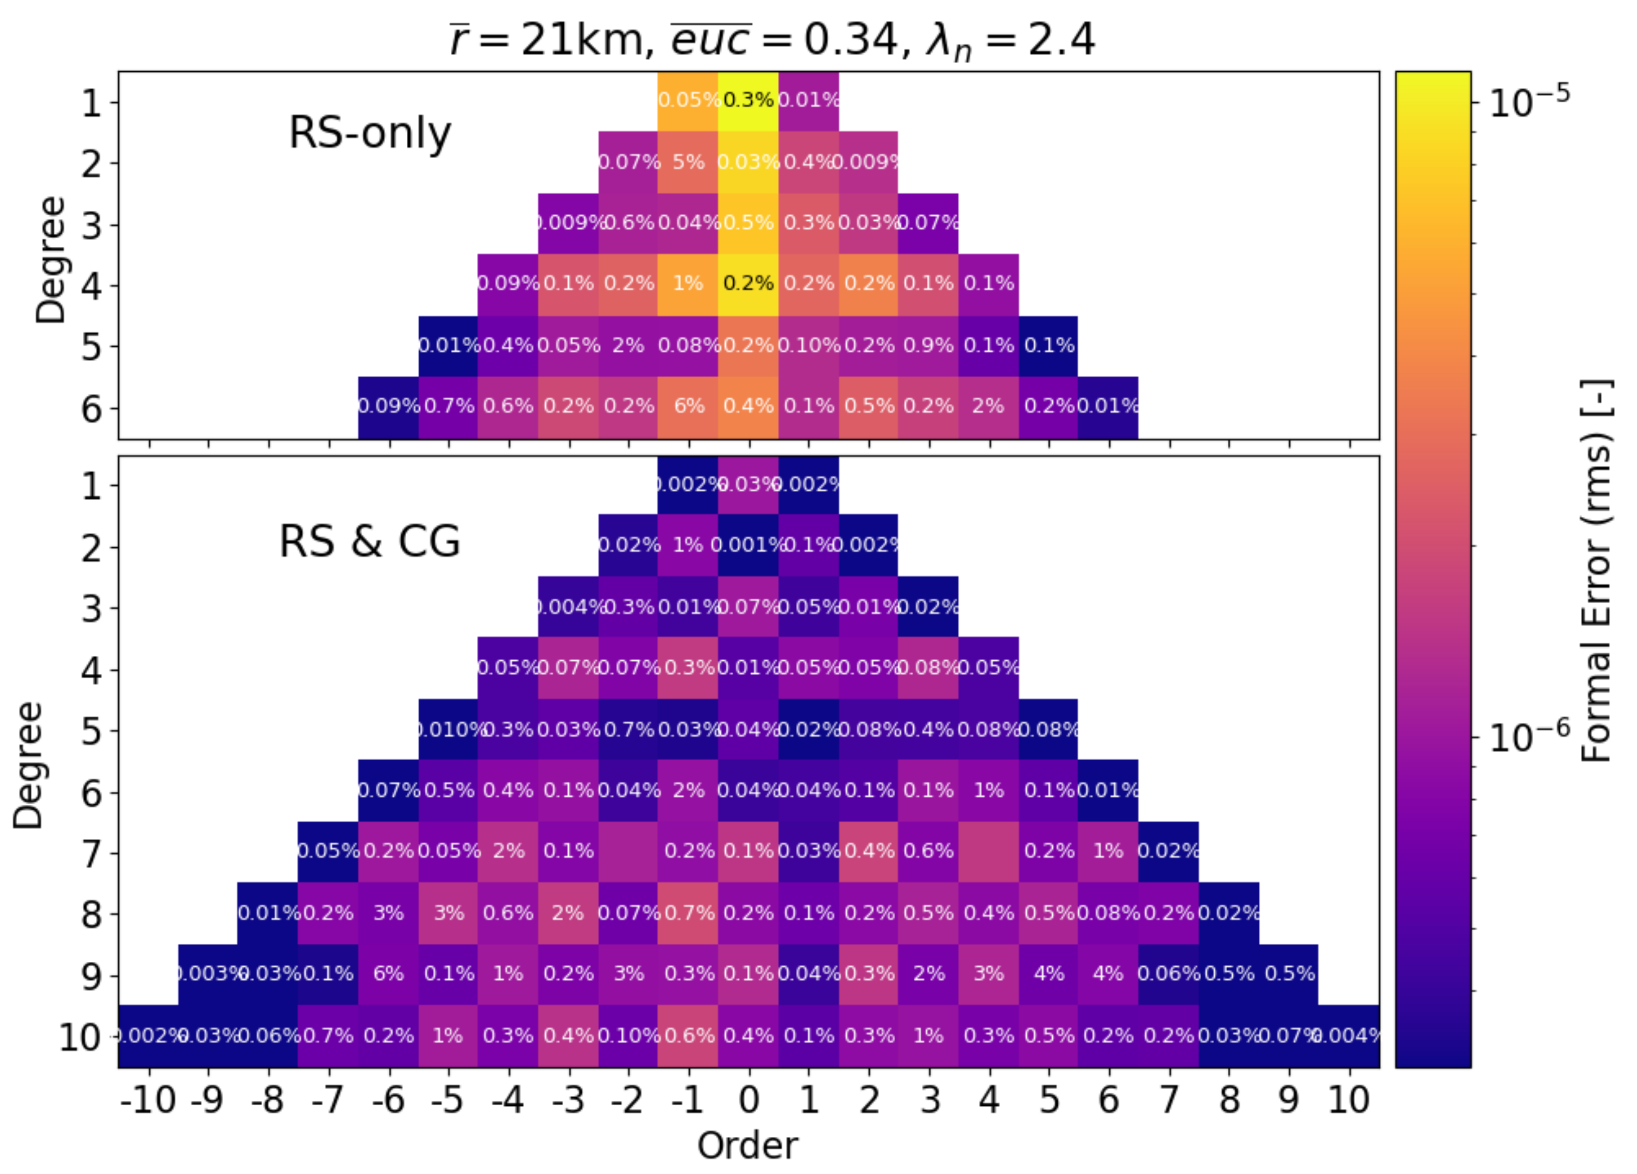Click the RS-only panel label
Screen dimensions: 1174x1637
point(370,133)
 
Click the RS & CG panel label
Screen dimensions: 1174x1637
point(370,541)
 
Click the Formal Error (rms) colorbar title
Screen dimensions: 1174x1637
point(1596,570)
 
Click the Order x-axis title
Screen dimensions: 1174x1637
point(748,1144)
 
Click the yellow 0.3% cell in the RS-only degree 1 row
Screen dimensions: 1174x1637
point(748,100)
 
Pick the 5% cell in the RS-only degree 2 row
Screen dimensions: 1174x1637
point(688,162)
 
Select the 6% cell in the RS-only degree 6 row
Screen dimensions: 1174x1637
point(688,406)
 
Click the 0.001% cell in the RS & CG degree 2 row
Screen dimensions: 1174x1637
point(748,544)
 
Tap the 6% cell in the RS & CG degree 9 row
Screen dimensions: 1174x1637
point(388,974)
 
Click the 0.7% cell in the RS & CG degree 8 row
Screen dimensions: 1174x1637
point(688,913)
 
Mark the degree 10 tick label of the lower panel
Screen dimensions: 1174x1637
point(79,1038)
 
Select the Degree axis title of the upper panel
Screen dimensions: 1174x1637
point(51,260)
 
